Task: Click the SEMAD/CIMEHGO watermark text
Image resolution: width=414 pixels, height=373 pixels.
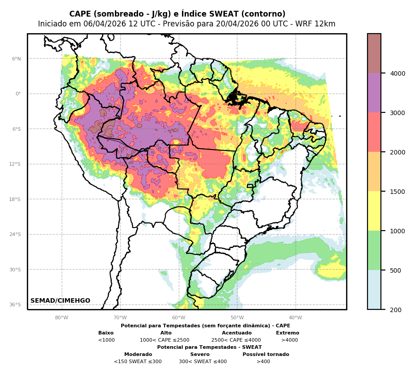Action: tap(60, 301)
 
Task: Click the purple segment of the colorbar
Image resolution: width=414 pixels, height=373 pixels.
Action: tap(374, 93)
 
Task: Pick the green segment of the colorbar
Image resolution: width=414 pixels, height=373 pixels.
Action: tap(374, 250)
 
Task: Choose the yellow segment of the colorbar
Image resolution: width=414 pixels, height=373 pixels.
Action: tap(374, 211)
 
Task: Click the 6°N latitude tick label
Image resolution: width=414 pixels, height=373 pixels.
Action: tap(17, 59)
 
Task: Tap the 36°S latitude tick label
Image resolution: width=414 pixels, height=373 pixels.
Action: tap(15, 304)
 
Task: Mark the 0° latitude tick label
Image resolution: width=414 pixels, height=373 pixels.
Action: tap(18, 94)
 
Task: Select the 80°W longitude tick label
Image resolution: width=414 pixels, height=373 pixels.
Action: tap(62, 318)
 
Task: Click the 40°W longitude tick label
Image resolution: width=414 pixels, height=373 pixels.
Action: tap(296, 318)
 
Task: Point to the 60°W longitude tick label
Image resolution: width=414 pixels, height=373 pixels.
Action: tap(179, 318)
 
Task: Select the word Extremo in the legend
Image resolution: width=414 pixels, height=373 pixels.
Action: tap(287, 333)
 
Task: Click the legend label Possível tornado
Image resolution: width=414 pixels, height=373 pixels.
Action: tap(266, 355)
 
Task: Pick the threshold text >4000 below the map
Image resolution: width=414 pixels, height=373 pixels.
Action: tap(289, 340)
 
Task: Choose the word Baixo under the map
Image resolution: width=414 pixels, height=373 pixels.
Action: tap(106, 333)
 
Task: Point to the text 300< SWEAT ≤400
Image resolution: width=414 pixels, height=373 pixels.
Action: tap(203, 362)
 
